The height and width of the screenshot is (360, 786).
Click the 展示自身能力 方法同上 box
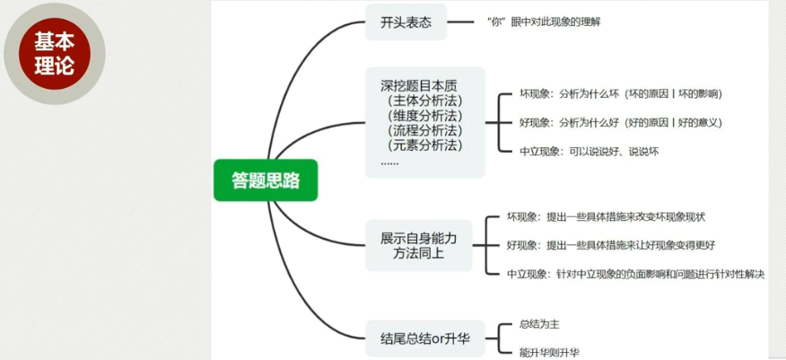coord(418,246)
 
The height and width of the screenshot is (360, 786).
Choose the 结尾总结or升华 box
coord(424,338)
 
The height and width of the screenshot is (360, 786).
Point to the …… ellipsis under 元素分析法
coord(390,162)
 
